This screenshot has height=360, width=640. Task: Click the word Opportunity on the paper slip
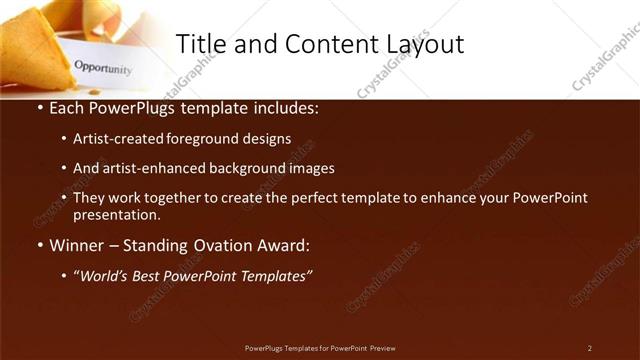(x=103, y=69)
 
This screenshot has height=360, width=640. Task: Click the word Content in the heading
(x=316, y=43)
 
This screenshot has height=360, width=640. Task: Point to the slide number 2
(x=589, y=348)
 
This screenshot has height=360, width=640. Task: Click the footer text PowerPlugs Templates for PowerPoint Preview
(x=320, y=348)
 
